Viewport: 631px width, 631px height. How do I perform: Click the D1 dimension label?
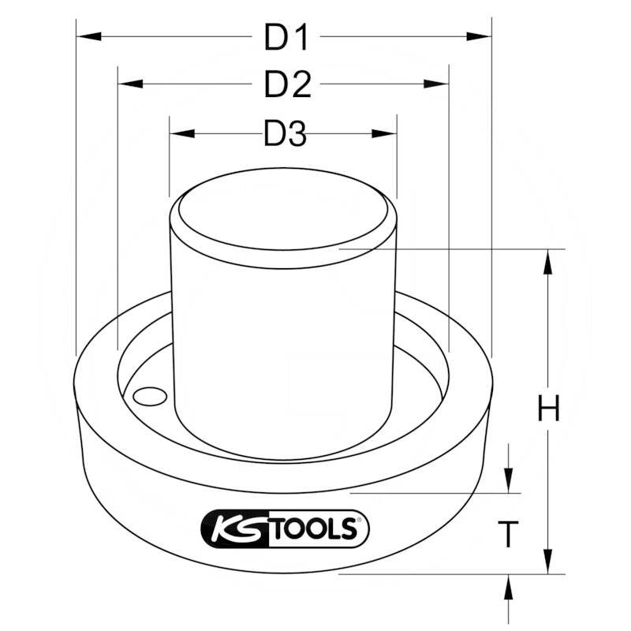pyautogui.click(x=286, y=37)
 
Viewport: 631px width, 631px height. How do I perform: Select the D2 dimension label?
pyautogui.click(x=287, y=84)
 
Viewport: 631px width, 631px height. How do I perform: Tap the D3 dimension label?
pyautogui.click(x=284, y=135)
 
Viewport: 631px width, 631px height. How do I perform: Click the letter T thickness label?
pyautogui.click(x=510, y=536)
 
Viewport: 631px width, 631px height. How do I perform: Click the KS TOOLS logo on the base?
pyautogui.click(x=286, y=529)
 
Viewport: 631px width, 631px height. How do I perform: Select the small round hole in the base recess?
pyautogui.click(x=146, y=397)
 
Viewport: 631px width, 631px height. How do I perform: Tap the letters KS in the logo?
pyautogui.click(x=241, y=529)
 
